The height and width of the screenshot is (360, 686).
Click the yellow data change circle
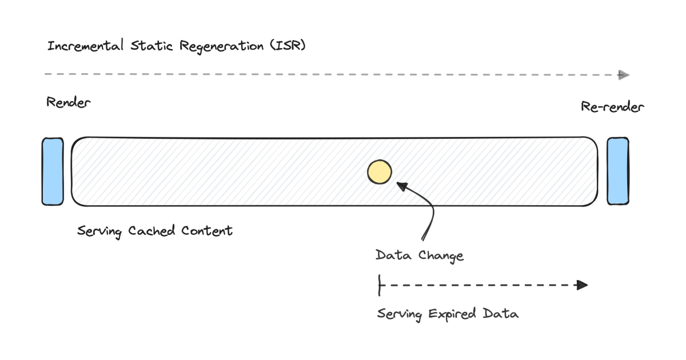pyautogui.click(x=379, y=172)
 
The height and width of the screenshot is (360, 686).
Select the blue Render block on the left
pyautogui.click(x=52, y=171)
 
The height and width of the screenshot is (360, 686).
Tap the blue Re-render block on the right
pyautogui.click(x=618, y=171)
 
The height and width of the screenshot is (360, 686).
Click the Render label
pyautogui.click(x=68, y=103)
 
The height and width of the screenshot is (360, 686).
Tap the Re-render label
pyautogui.click(x=612, y=107)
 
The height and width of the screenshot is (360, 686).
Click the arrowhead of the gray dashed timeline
pyautogui.click(x=624, y=75)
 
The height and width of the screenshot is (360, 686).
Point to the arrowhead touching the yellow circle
pyautogui.click(x=402, y=186)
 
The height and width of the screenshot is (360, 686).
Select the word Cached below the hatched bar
pyautogui.click(x=153, y=231)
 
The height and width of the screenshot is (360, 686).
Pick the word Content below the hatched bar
pyautogui.click(x=206, y=231)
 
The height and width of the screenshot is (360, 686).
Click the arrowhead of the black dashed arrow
pyautogui.click(x=582, y=285)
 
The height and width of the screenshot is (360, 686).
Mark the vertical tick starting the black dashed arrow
pyautogui.click(x=379, y=285)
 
